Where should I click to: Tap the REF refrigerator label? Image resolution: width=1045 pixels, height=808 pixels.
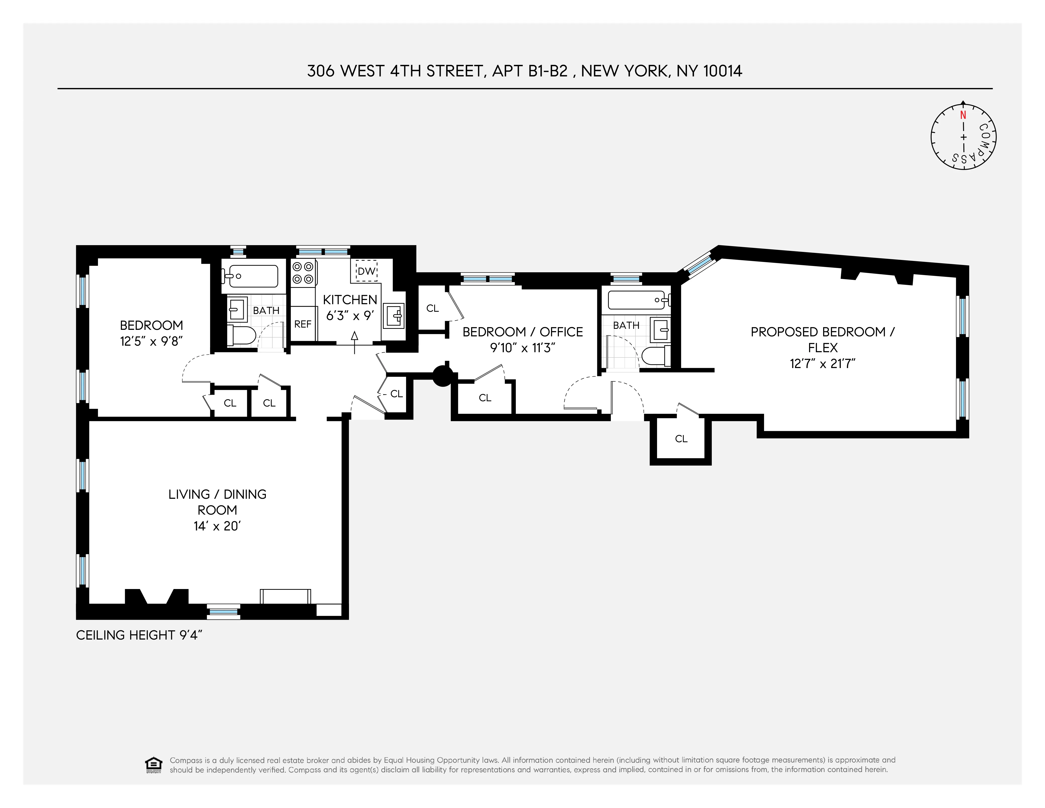[x=303, y=324]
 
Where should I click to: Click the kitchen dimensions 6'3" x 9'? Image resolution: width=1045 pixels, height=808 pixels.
[x=350, y=316]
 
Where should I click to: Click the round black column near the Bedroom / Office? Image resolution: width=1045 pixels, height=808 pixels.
[x=442, y=376]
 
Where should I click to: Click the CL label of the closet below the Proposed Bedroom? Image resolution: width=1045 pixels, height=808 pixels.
[x=681, y=439]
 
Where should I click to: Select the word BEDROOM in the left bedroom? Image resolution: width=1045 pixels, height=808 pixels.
[x=151, y=326]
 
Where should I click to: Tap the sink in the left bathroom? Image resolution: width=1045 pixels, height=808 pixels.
[x=236, y=308]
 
